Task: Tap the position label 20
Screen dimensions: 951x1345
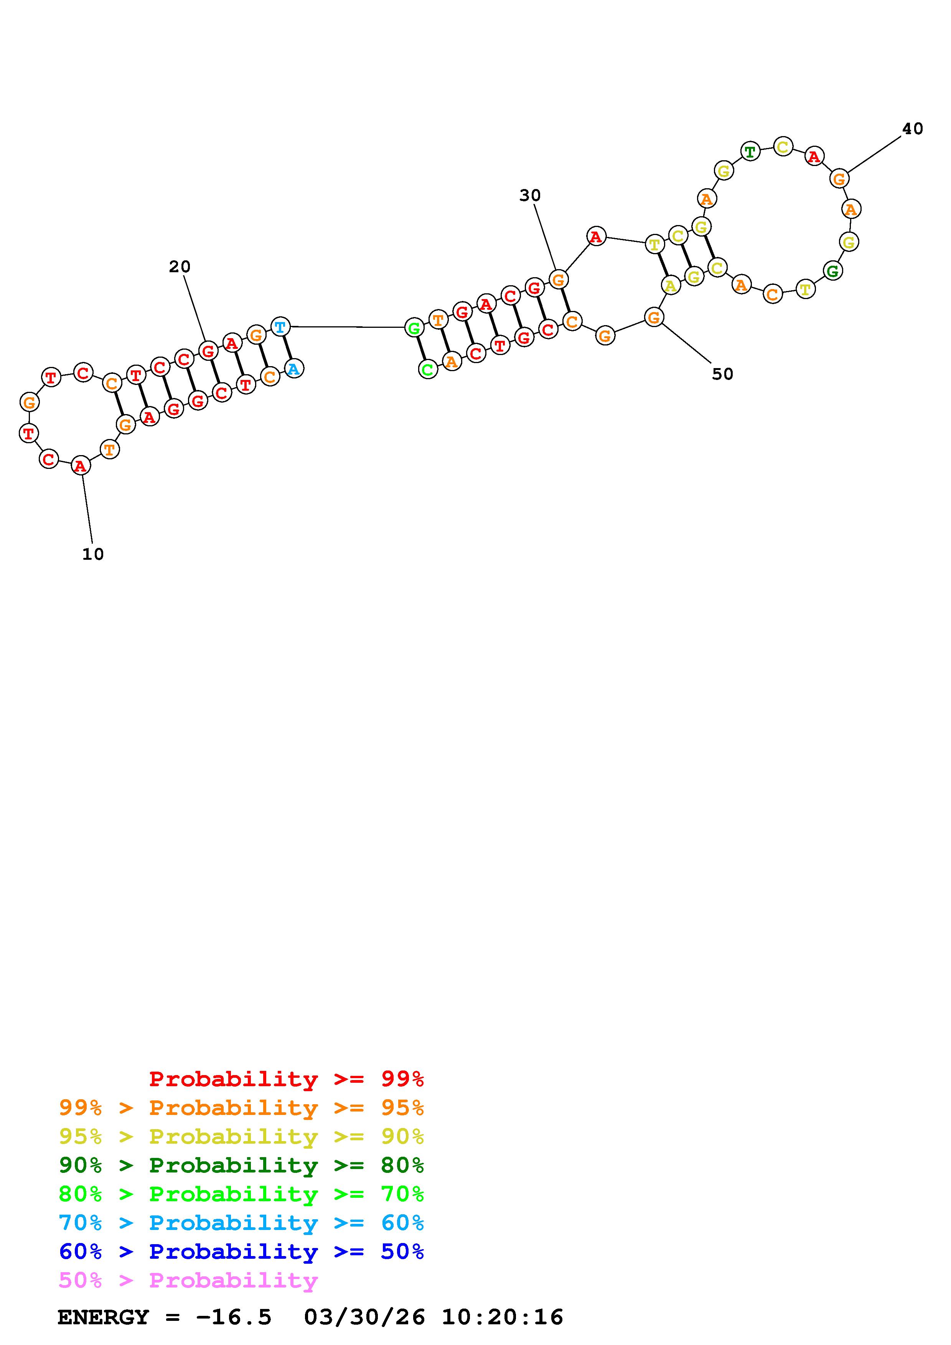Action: point(180,266)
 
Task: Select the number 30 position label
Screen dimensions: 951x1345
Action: point(530,196)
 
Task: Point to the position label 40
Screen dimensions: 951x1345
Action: point(912,129)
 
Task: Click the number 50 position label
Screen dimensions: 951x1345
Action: point(722,374)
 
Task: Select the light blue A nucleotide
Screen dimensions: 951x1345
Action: point(293,368)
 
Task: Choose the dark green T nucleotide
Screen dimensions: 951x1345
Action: point(750,152)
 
